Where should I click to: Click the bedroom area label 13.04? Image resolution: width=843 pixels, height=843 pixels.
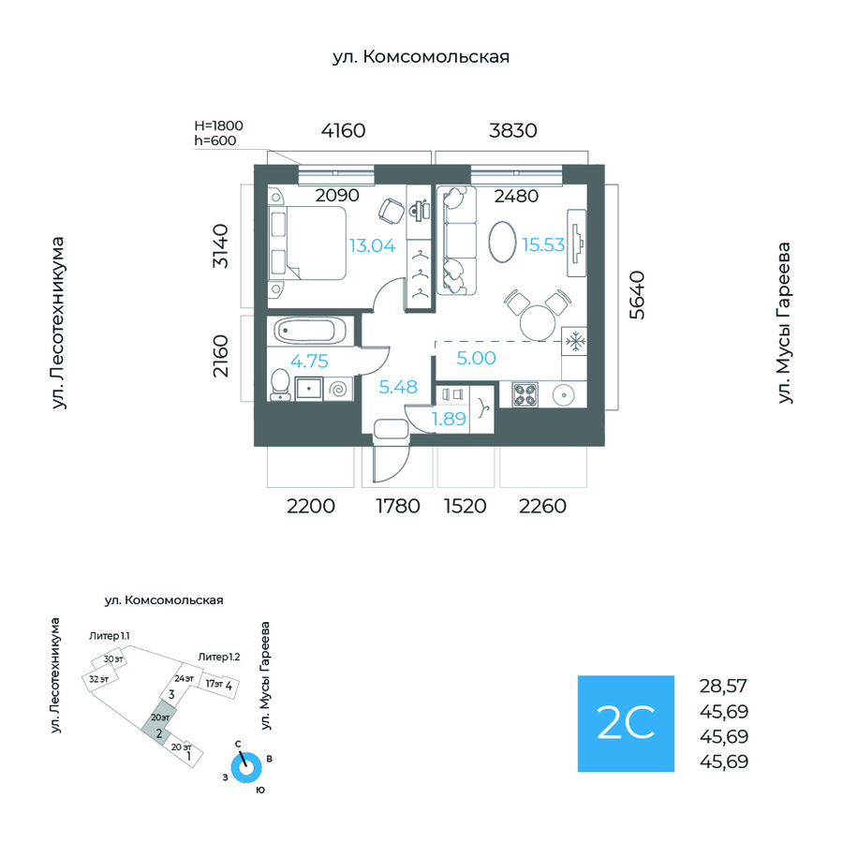point(372,246)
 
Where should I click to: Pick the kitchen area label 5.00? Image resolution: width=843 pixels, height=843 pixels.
point(477,357)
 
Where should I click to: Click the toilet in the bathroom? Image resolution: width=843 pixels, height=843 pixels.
point(280,385)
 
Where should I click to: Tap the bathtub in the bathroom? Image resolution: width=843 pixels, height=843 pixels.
point(310,331)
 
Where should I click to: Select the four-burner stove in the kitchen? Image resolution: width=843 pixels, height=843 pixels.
point(525,396)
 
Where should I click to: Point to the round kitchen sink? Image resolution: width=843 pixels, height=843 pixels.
point(565,395)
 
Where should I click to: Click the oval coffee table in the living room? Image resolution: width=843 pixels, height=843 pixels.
point(504,243)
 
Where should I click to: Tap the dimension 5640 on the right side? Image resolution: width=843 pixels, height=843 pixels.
point(637,295)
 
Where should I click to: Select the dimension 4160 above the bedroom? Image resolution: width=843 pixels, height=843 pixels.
point(343,131)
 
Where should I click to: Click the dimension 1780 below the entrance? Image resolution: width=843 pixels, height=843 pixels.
point(397,507)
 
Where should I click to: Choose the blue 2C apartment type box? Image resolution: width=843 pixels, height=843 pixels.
point(626,723)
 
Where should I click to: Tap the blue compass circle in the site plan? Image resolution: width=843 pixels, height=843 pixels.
point(247,767)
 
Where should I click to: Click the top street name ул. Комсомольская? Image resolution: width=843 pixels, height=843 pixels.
point(421,57)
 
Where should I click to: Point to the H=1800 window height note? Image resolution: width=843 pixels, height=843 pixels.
point(218,125)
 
